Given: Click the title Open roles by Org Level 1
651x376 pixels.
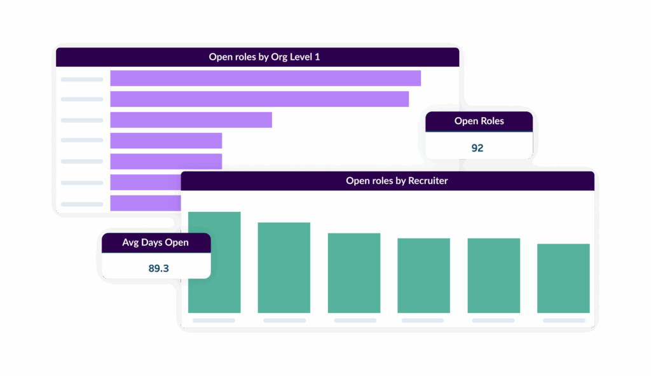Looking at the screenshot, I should (264, 57).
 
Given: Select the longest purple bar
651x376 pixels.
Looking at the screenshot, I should (265, 78).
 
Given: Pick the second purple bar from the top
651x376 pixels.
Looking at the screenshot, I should (259, 99).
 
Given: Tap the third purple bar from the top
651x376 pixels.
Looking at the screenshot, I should (191, 120).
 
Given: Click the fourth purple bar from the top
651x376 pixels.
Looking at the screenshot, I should (166, 141).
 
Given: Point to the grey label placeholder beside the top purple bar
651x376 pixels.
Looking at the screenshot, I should (82, 80).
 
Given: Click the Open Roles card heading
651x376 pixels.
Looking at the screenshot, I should (479, 121).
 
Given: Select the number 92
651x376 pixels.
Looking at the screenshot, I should (477, 148).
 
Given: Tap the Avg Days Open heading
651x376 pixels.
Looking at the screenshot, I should (155, 242).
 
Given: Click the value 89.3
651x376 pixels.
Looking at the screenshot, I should (158, 268).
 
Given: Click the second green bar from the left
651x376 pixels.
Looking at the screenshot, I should (284, 267).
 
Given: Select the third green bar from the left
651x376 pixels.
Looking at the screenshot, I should (354, 273).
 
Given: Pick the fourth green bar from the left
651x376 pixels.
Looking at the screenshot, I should (423, 275).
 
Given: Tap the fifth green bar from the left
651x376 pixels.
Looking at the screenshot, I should (493, 275).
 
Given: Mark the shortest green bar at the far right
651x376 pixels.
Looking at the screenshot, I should (563, 278).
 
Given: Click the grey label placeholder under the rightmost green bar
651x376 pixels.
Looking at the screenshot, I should (564, 321).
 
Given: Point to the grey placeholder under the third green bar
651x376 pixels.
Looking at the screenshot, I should (355, 321).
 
